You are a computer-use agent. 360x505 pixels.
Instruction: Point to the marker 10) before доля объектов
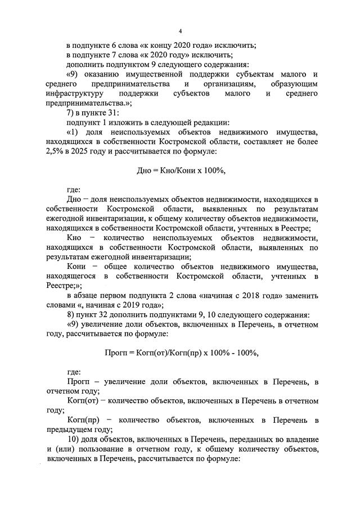(74, 439)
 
